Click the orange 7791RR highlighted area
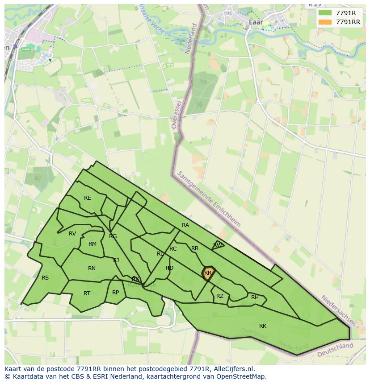tap(208, 273)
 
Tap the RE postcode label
tap(88, 198)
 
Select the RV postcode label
tap(72, 234)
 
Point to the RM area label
tap(92, 244)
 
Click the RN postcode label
tap(92, 268)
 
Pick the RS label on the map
tap(45, 278)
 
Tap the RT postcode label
tap(87, 293)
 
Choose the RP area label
tap(116, 293)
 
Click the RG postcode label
tap(113, 236)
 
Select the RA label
tap(185, 225)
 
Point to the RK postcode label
tap(263, 326)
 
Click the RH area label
tap(255, 297)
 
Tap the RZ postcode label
tap(220, 296)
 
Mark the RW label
tap(217, 245)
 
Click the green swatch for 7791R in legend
tap(325, 13)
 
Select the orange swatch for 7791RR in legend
tap(325, 22)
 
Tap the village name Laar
tap(256, 21)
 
